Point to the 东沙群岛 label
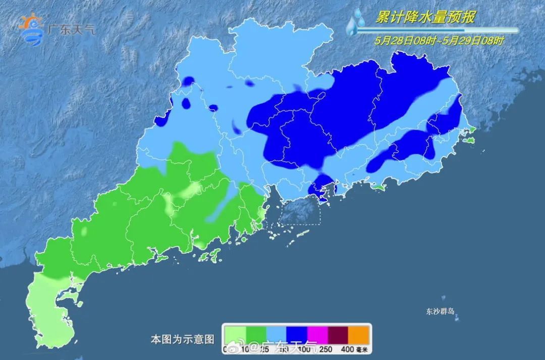click(x=440, y=312)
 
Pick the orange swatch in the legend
click(x=359, y=334)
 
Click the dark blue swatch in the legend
click(x=297, y=334)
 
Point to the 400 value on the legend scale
click(x=349, y=349)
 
